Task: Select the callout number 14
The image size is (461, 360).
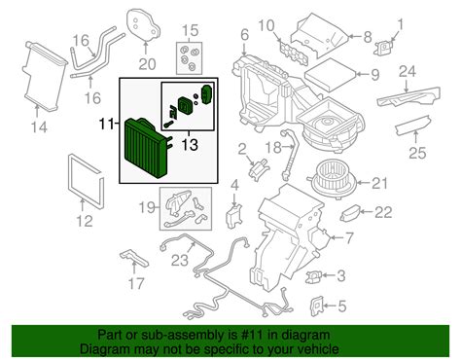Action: [40, 125]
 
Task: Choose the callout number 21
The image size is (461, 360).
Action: [378, 181]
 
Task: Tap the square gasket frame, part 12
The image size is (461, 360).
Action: [79, 181]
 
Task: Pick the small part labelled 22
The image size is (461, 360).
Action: [350, 212]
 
